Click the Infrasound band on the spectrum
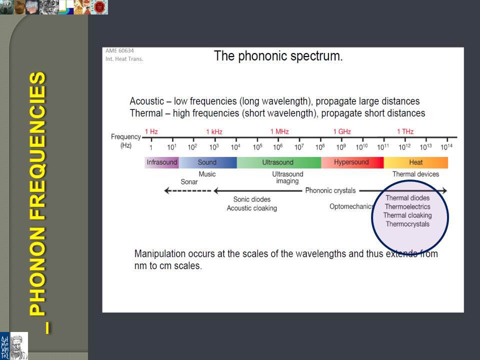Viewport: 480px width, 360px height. (x=161, y=162)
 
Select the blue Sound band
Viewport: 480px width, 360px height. (x=207, y=162)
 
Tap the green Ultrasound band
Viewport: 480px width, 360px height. (x=279, y=162)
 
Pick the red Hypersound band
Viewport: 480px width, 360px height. (x=352, y=162)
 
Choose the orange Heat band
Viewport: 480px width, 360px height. (x=415, y=162)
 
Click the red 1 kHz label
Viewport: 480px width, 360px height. (x=214, y=131)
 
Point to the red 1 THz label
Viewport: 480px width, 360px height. (x=405, y=131)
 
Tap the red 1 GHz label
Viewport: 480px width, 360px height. (x=342, y=131)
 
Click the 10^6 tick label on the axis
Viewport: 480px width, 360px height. (x=278, y=147)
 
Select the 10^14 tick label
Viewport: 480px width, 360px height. (x=446, y=147)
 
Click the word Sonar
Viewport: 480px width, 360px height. (x=189, y=182)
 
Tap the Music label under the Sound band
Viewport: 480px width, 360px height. (x=207, y=174)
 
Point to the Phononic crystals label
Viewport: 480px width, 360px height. (x=330, y=190)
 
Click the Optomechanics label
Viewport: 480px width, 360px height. (x=351, y=206)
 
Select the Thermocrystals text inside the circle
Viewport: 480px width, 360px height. (x=407, y=224)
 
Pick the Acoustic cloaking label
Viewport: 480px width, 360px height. (x=252, y=208)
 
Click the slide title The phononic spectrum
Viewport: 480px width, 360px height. (x=278, y=56)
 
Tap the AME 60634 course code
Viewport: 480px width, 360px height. (x=119, y=51)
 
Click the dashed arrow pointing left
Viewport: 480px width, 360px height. (x=187, y=190)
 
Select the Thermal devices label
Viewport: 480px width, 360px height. (x=415, y=174)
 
